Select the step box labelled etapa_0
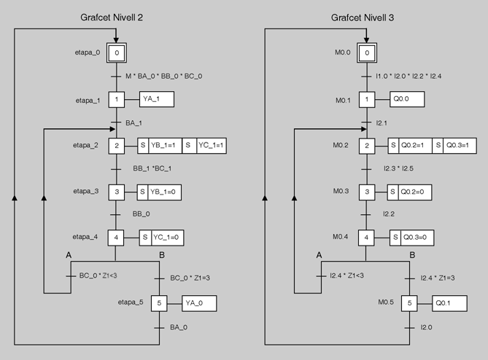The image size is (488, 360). point(117,52)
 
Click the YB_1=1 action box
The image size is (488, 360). point(164,146)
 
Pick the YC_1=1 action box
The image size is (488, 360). point(212,146)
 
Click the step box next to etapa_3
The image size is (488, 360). point(117,192)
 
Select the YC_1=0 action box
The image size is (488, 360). point(168,238)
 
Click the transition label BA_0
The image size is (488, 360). point(178,328)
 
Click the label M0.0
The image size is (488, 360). point(341,52)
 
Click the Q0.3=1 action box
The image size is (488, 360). point(461,146)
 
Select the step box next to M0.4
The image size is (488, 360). point(368,238)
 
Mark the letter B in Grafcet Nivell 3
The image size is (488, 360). point(413,254)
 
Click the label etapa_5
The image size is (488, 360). point(131,301)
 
